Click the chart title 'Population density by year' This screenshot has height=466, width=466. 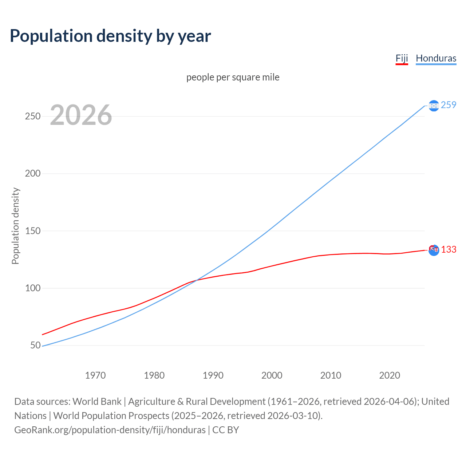coord(110,36)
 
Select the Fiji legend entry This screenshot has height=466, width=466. coord(402,58)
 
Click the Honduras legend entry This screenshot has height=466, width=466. coord(436,58)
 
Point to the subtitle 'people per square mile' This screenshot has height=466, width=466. coord(233,77)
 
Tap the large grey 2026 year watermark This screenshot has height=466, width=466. coord(81,115)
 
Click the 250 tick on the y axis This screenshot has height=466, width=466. coord(32,116)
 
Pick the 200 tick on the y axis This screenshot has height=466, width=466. coord(32,173)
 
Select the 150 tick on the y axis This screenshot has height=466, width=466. coord(32,231)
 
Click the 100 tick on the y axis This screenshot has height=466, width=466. coord(32,288)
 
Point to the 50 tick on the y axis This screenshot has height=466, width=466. coord(35,345)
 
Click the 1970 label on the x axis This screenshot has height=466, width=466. coord(95,375)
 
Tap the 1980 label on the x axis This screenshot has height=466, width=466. coord(154,375)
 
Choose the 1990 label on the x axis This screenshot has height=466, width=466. coord(213,375)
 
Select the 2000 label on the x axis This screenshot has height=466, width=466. coord(272,375)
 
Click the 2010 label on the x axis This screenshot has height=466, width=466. coord(331,375)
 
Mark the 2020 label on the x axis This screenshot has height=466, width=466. coord(390,375)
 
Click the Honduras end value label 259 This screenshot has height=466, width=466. coord(448,105)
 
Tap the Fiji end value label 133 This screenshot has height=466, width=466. coord(449,249)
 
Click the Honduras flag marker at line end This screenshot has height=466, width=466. coord(434,106)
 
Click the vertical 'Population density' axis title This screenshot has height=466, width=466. coord(15,226)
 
